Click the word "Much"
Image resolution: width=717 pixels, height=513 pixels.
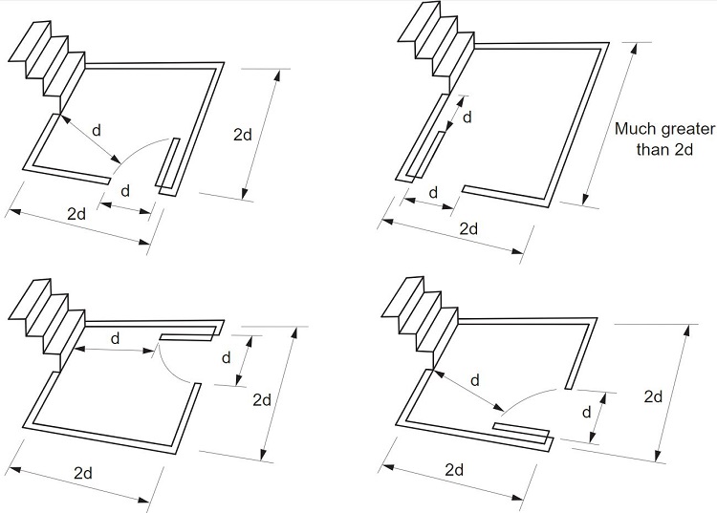pyautogui.click(x=634, y=130)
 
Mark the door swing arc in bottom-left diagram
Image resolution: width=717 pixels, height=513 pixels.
pyautogui.click(x=172, y=368)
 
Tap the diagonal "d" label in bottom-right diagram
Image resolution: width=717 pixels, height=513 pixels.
pyautogui.click(x=474, y=380)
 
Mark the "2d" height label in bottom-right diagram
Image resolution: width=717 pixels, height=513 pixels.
pyautogui.click(x=654, y=395)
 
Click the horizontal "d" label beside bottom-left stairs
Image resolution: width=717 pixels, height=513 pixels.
pyautogui.click(x=116, y=339)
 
